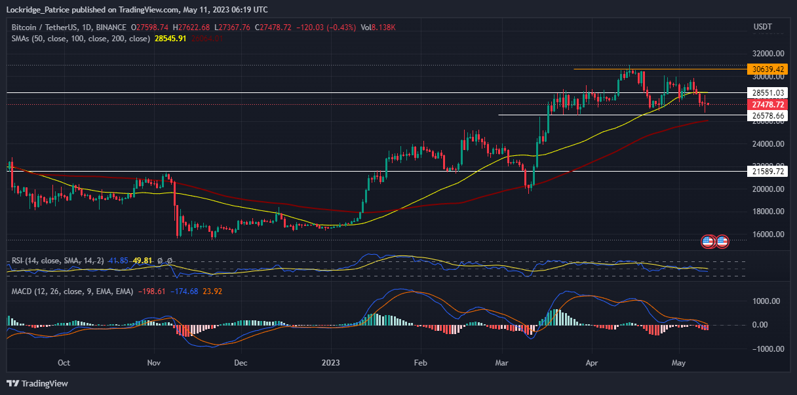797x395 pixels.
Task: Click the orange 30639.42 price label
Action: click(768, 69)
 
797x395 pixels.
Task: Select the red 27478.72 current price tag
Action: click(768, 104)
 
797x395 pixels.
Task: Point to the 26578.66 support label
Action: click(768, 115)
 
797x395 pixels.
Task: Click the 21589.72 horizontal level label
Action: click(768, 171)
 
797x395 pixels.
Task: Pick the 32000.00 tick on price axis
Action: click(768, 54)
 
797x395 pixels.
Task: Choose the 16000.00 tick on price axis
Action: click(768, 234)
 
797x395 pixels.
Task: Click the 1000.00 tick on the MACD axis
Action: click(765, 301)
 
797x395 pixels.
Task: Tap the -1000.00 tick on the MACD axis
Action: click(764, 349)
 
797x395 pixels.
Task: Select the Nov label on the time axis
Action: click(153, 362)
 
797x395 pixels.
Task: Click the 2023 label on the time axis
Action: click(331, 362)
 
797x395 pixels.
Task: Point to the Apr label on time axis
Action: click(592, 362)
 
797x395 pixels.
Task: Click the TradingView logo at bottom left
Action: click(37, 383)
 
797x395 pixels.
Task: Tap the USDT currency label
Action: click(763, 27)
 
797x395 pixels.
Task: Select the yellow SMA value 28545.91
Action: click(170, 39)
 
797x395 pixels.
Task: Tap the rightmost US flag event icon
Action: click(722, 242)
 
